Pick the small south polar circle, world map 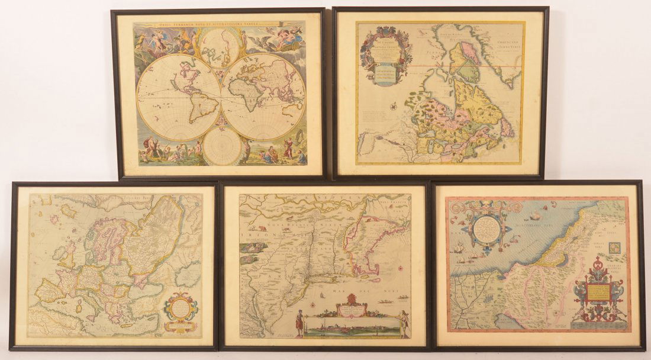pos(220,145)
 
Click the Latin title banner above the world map pos(219,25)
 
